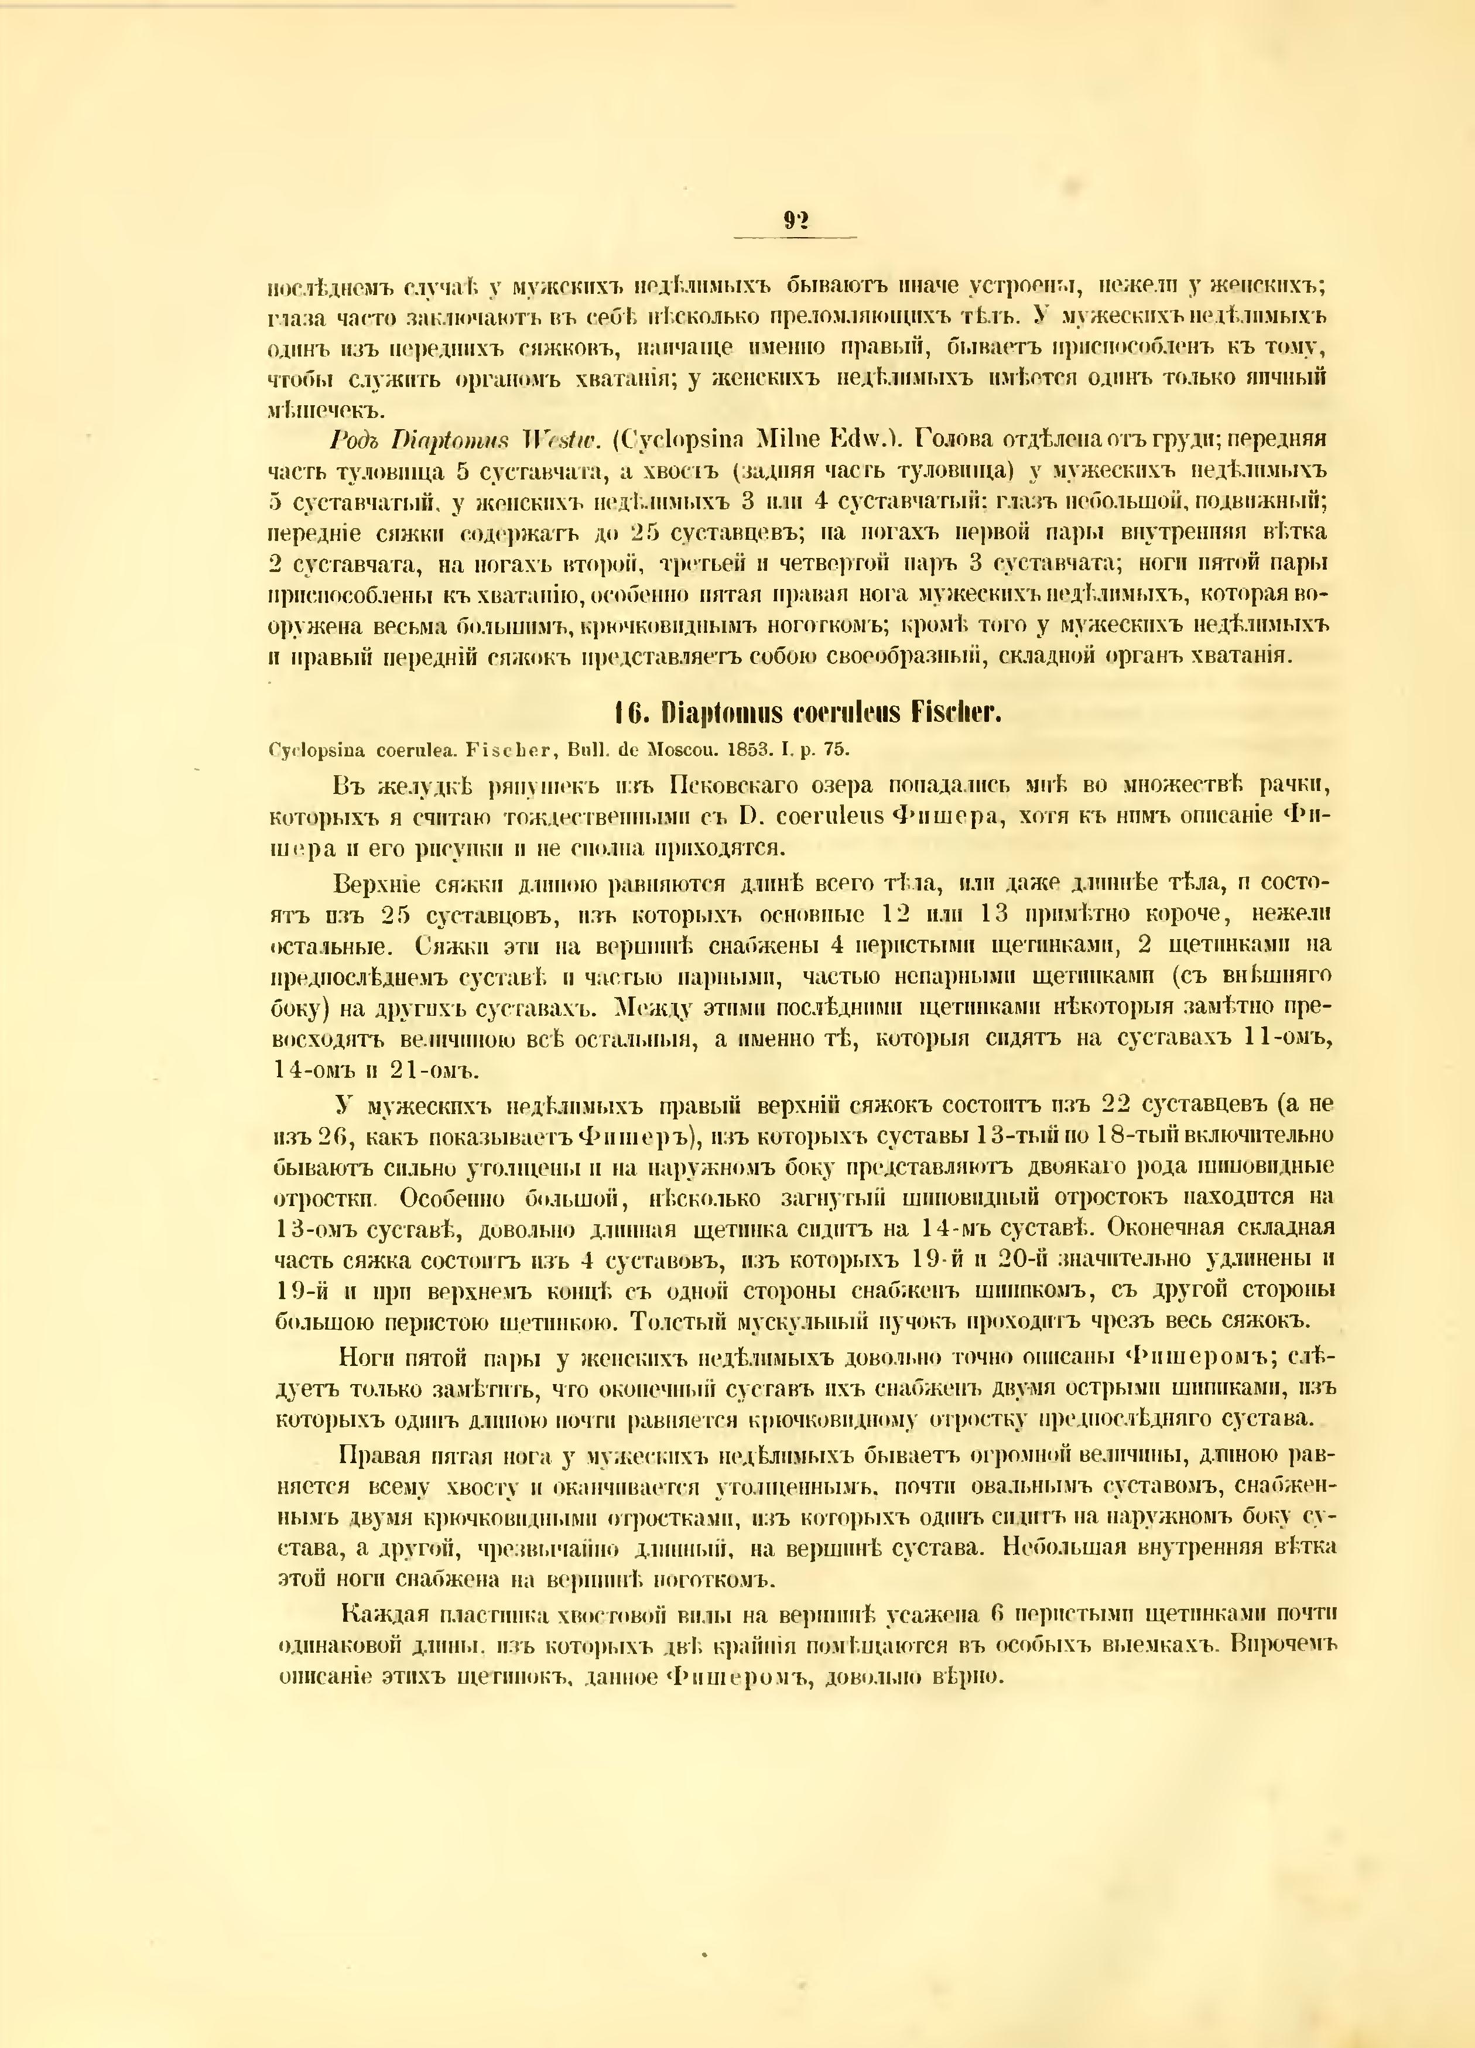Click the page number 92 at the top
click(795, 220)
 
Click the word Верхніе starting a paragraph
click(377, 882)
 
